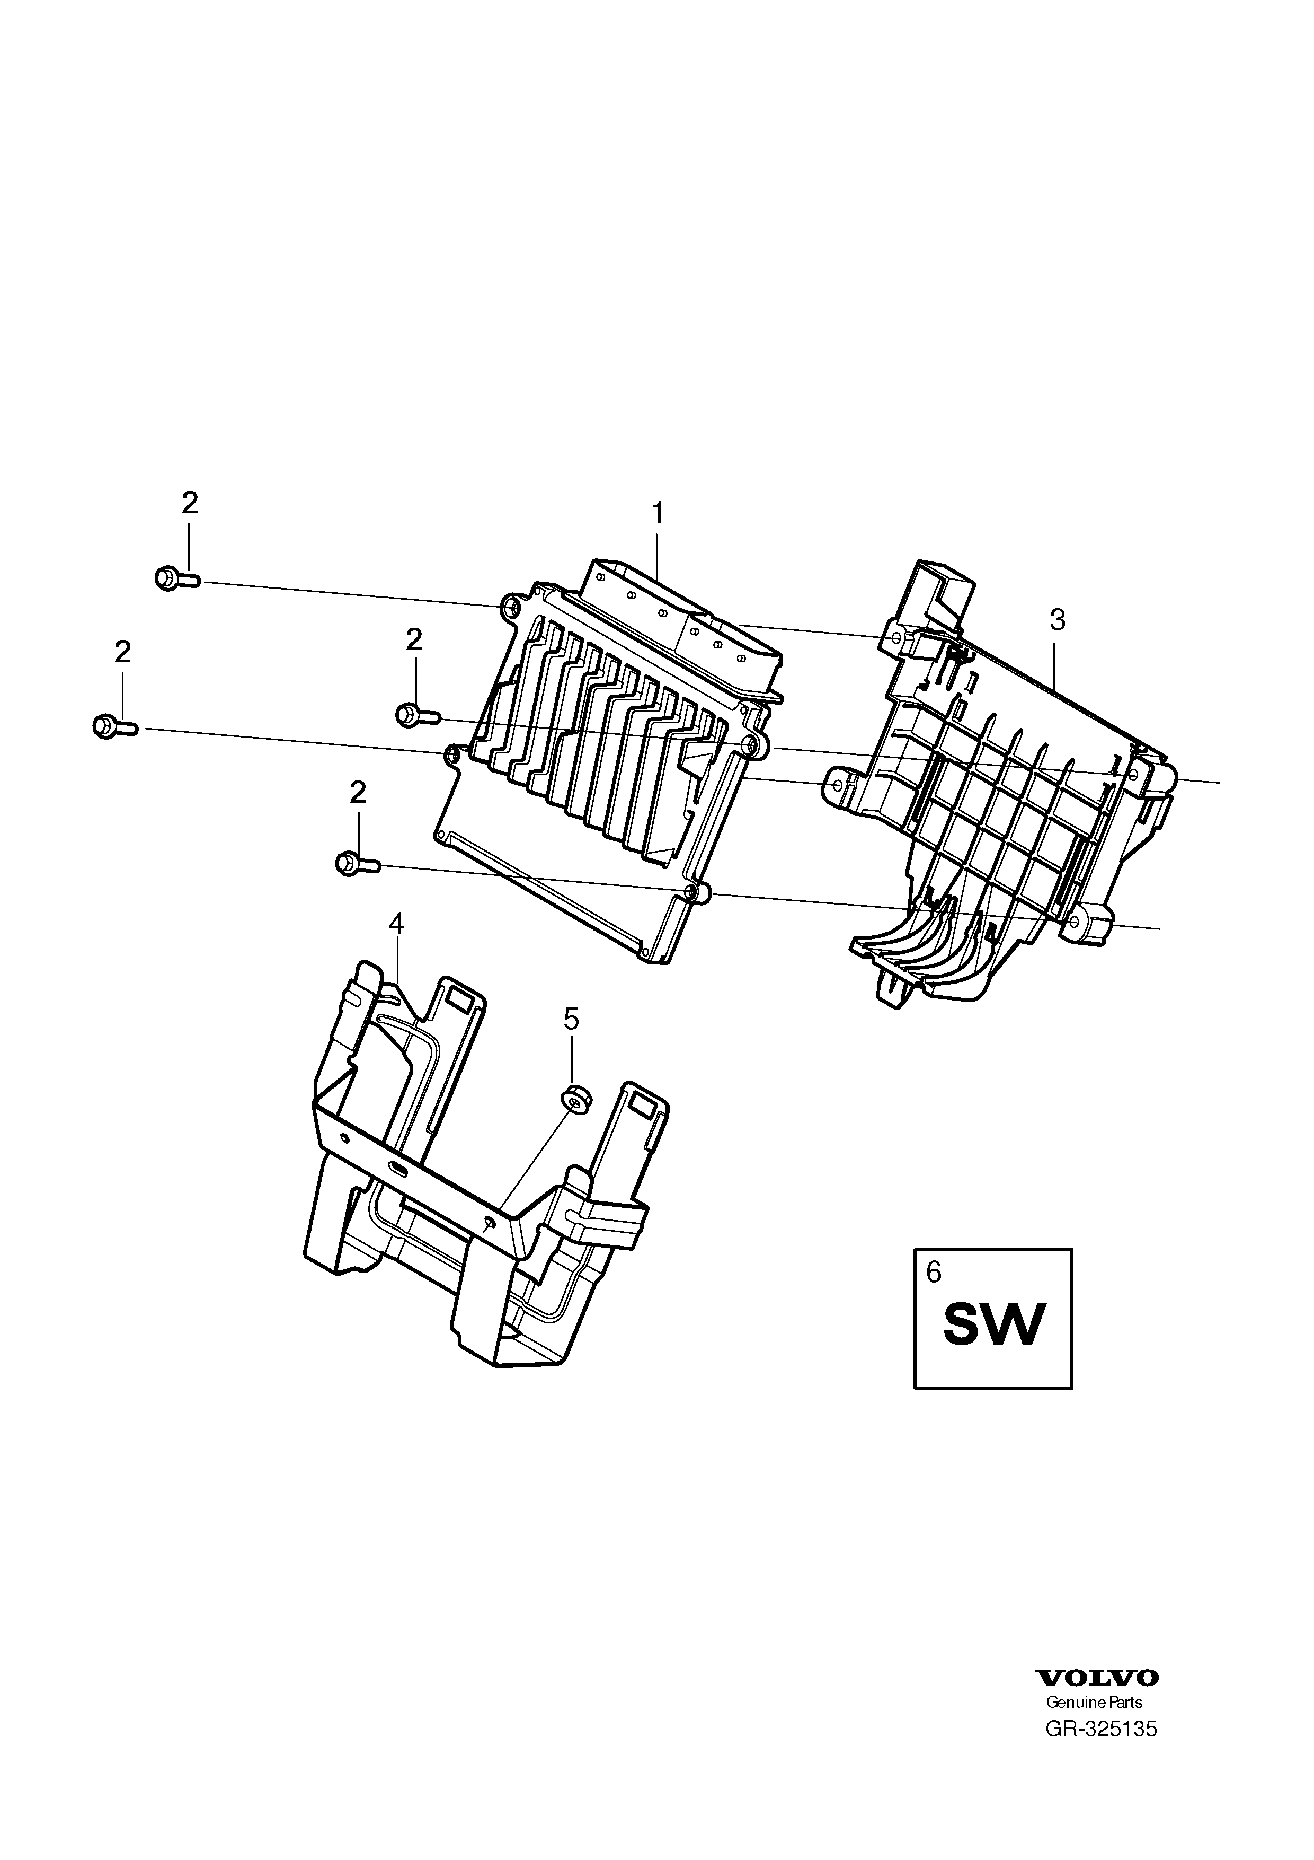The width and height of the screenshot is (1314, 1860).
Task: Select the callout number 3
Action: coord(1058,621)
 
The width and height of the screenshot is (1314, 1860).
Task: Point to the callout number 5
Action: coord(572,1019)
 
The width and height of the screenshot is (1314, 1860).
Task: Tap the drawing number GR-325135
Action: coord(1101,1704)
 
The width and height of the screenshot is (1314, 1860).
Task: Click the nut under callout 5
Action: coord(575,1099)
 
